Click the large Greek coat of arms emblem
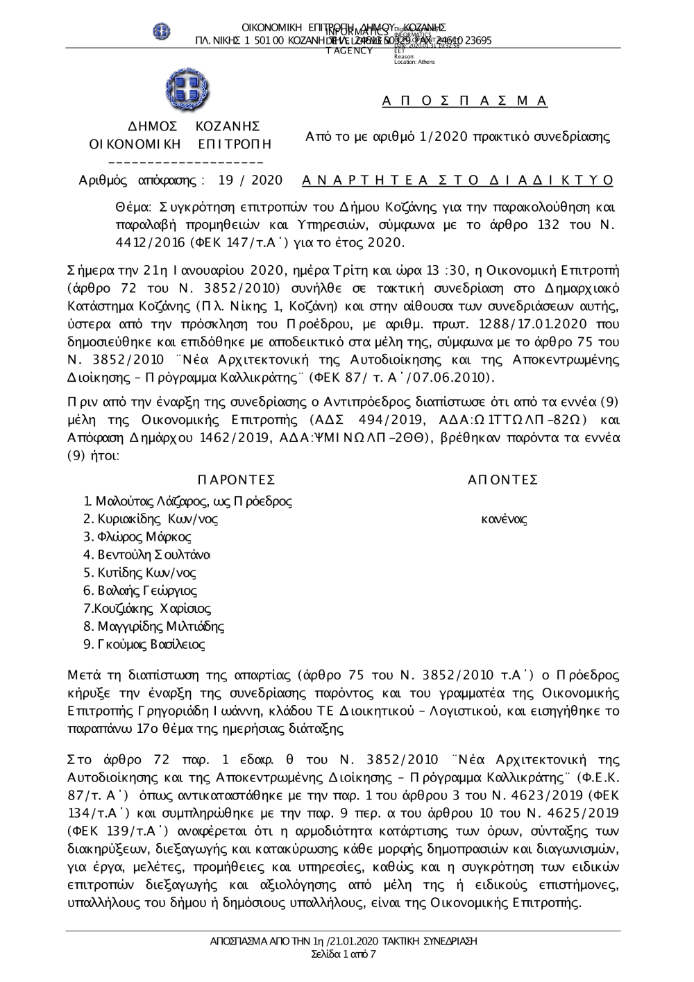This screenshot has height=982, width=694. pos(187,92)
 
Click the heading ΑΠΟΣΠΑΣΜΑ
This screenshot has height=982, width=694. pos(465,101)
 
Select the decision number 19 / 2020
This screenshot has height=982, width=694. pos(251,180)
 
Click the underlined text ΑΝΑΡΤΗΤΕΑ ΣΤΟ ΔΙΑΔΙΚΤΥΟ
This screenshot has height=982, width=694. pos(459,180)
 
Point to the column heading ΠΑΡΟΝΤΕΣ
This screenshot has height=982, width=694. pos(237,480)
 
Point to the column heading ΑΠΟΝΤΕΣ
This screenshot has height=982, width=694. pos(503,480)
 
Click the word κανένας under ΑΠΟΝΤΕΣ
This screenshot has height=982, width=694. pos(504,519)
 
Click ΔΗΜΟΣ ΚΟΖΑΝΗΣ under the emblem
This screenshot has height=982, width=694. pos(195,126)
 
